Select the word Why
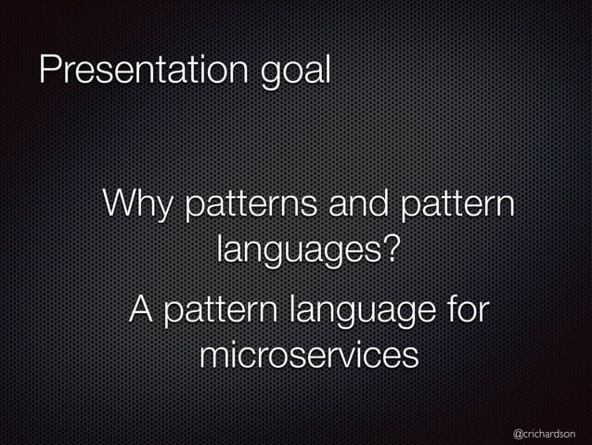tap(136, 204)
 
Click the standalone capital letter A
tap(141, 308)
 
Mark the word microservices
tap(307, 356)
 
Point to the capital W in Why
tap(120, 203)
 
